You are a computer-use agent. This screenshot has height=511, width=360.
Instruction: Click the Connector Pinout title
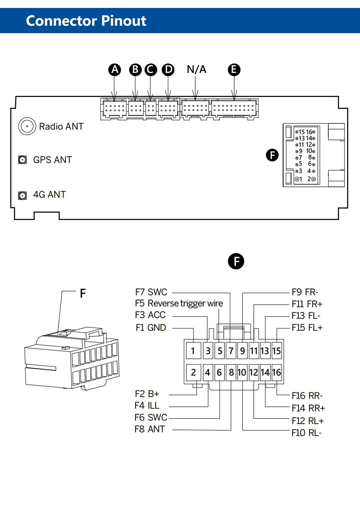(x=86, y=21)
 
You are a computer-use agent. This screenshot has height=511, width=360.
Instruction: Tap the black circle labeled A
(x=115, y=70)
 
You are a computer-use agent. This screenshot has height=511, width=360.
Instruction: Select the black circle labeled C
(x=151, y=70)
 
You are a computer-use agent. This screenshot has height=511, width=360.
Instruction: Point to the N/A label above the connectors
(x=196, y=69)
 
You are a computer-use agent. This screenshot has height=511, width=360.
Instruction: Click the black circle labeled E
(x=234, y=70)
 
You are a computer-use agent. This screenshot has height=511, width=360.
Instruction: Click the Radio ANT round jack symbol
(x=27, y=126)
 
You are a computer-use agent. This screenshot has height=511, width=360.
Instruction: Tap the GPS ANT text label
(x=52, y=160)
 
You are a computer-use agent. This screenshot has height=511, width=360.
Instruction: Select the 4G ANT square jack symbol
(x=22, y=195)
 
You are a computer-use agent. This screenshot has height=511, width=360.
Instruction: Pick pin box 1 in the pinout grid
(x=193, y=351)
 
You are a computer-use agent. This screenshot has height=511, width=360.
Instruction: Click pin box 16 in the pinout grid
(x=276, y=372)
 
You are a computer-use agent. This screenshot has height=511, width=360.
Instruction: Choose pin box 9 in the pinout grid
(x=243, y=351)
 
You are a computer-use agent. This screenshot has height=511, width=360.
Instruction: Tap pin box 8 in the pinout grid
(x=231, y=372)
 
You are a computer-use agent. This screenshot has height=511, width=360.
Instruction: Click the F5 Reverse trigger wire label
(x=179, y=303)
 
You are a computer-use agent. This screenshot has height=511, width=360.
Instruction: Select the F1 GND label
(x=151, y=327)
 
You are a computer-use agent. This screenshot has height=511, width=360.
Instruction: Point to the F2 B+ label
(x=147, y=394)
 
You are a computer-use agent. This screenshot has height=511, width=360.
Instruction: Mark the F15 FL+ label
(x=307, y=327)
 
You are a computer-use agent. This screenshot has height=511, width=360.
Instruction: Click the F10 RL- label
(x=306, y=432)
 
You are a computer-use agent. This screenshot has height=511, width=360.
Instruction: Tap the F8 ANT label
(x=150, y=429)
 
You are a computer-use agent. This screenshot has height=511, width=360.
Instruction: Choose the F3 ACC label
(x=150, y=315)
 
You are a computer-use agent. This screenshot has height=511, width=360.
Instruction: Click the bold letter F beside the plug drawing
(x=83, y=294)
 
